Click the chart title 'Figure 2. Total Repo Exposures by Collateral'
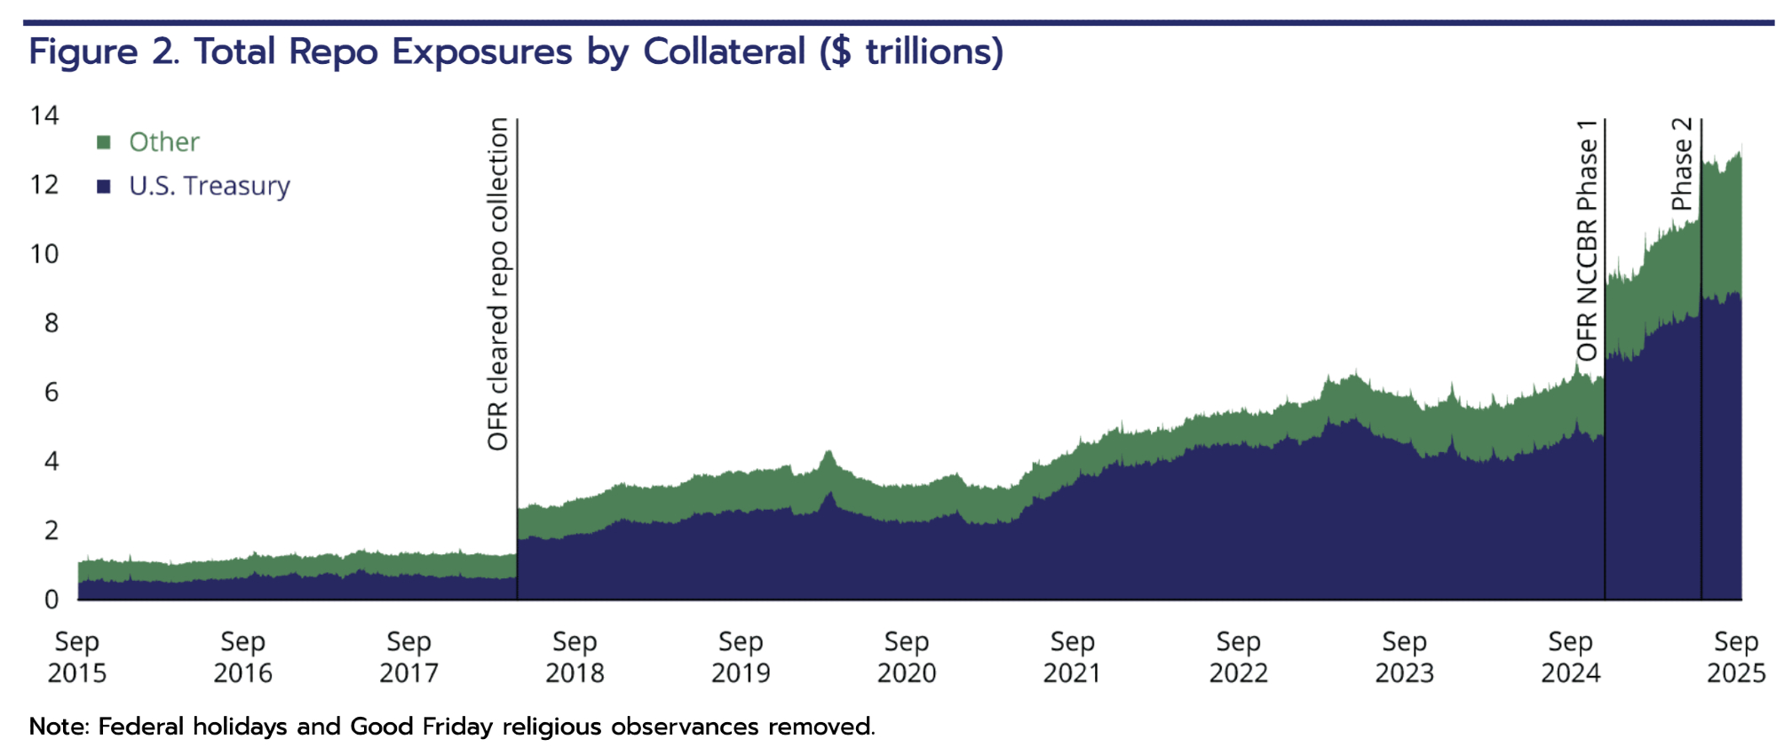tap(417, 52)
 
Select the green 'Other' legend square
tap(104, 142)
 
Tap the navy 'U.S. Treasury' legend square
tap(104, 187)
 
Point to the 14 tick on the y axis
tap(44, 115)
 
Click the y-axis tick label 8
tap(52, 323)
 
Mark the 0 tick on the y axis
tap(52, 600)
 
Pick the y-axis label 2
tap(52, 530)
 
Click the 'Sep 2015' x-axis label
tap(77, 656)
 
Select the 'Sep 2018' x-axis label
tap(575, 656)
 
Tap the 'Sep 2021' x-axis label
tap(1072, 656)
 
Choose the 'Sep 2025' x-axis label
tap(1736, 656)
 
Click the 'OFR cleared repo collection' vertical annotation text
tap(498, 284)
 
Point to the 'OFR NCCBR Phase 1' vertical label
tap(1587, 240)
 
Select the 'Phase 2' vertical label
tap(1682, 163)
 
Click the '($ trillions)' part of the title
tap(911, 52)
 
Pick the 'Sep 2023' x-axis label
tap(1404, 656)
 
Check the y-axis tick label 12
tap(44, 185)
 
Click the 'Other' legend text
tap(164, 142)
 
